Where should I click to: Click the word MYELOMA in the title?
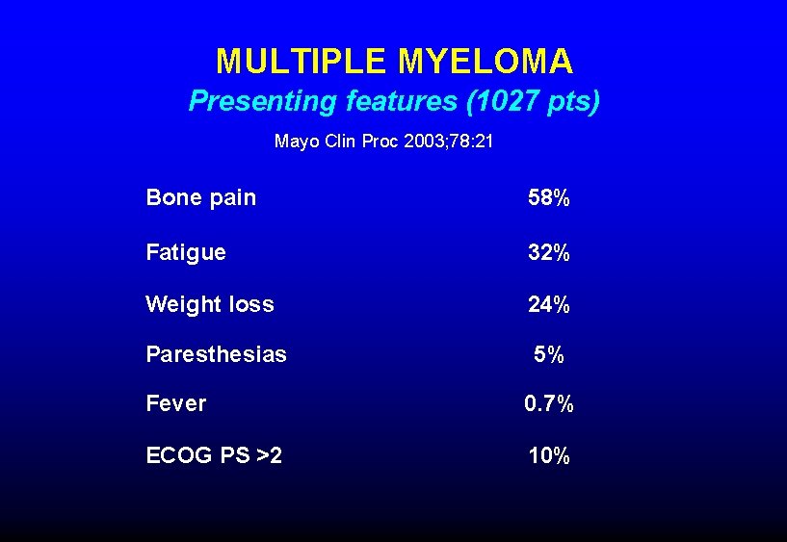(x=485, y=62)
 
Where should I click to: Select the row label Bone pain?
(x=200, y=198)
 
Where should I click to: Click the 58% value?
(x=548, y=198)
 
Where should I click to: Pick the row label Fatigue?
(x=186, y=252)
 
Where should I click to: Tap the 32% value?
(x=548, y=253)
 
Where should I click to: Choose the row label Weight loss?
(x=209, y=305)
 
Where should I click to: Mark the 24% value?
(x=548, y=305)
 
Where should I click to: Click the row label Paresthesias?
(x=216, y=354)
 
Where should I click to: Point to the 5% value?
(x=549, y=355)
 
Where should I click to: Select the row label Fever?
(x=175, y=403)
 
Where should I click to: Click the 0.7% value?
(x=548, y=404)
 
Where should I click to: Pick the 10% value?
(x=548, y=455)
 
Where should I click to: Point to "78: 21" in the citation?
(x=469, y=142)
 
